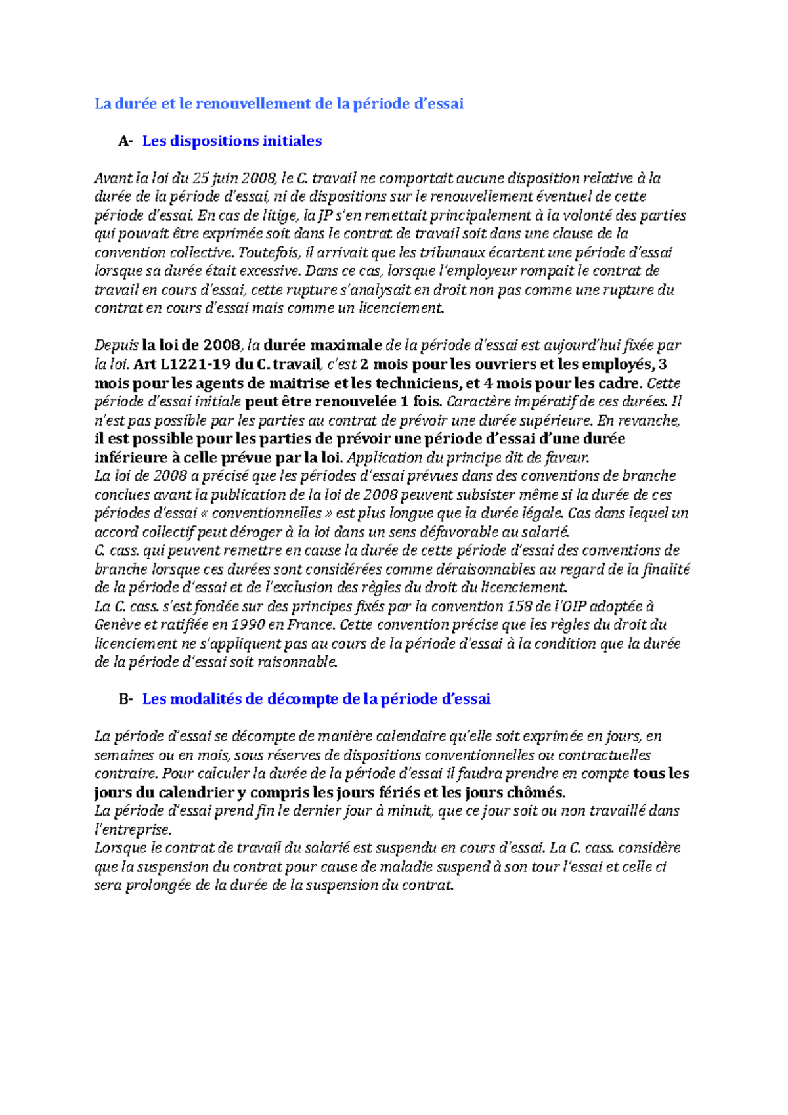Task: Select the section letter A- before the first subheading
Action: [125, 141]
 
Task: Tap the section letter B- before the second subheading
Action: [125, 699]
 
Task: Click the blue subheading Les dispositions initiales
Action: [232, 141]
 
